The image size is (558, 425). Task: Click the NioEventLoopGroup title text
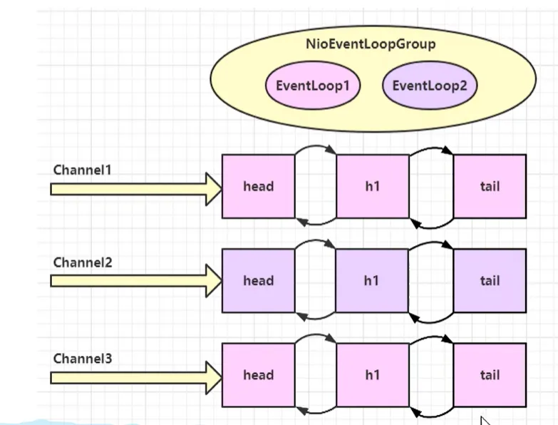tap(370, 44)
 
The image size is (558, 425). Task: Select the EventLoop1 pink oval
tap(313, 86)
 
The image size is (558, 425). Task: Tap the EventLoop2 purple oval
tap(430, 86)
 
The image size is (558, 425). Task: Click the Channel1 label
tap(83, 170)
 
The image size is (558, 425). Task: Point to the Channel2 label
tap(83, 262)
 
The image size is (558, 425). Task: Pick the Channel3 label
tap(83, 358)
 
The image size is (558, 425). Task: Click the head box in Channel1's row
tap(258, 186)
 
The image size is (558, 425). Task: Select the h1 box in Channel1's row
tap(372, 186)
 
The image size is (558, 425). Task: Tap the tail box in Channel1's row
tap(490, 186)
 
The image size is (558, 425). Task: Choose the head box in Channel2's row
tap(258, 280)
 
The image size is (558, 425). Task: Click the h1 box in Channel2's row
tap(372, 280)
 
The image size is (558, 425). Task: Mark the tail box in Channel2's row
tap(490, 280)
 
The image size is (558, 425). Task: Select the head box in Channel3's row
tap(258, 375)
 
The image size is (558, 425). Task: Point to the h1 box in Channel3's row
tap(372, 375)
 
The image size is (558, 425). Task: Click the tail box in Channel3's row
tap(490, 375)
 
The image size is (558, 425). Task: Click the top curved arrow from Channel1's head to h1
tap(315, 148)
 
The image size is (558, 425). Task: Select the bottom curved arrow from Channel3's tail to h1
tap(431, 413)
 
